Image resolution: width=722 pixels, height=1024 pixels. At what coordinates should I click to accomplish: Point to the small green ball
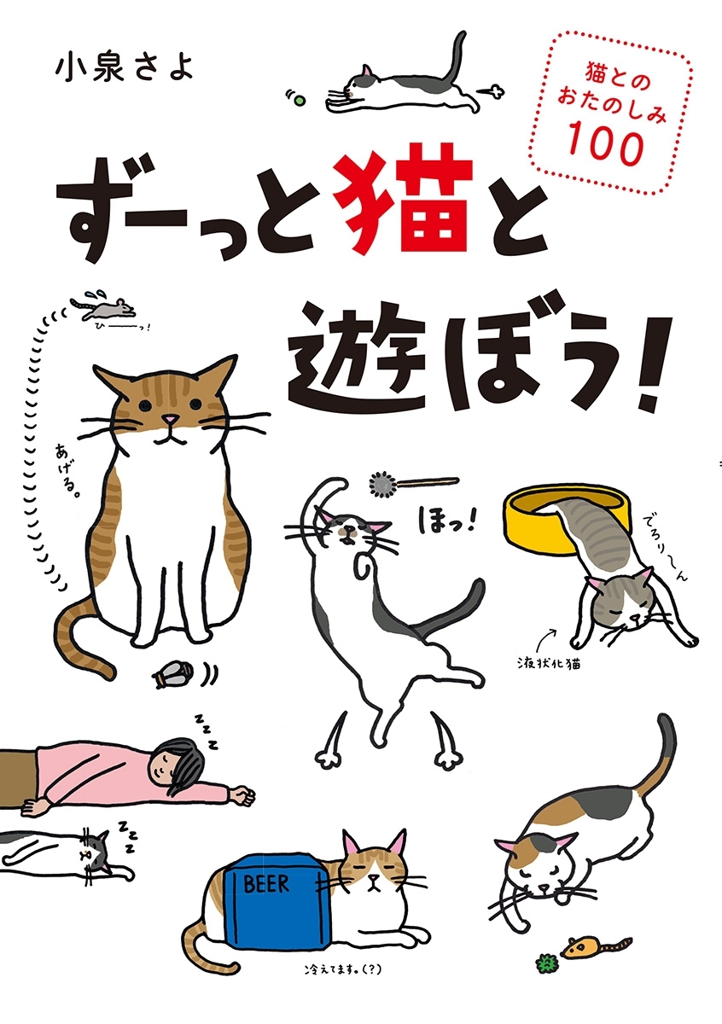[x=300, y=101]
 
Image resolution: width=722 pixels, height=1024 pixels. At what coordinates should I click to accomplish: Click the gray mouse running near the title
[x=104, y=309]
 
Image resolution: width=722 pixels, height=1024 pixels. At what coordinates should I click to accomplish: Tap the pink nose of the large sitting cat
[x=171, y=419]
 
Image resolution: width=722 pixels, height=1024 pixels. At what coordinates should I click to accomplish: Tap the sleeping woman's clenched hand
[x=243, y=795]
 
